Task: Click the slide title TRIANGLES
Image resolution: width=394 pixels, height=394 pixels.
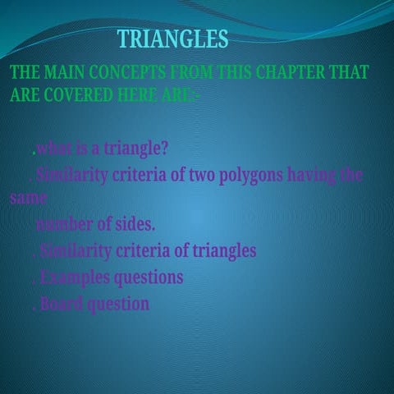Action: (x=172, y=39)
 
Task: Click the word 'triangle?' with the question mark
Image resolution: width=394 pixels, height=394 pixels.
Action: (x=137, y=149)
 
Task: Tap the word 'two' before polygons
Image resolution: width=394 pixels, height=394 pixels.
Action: (x=203, y=175)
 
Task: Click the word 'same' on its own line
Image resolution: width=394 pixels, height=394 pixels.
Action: (x=28, y=199)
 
